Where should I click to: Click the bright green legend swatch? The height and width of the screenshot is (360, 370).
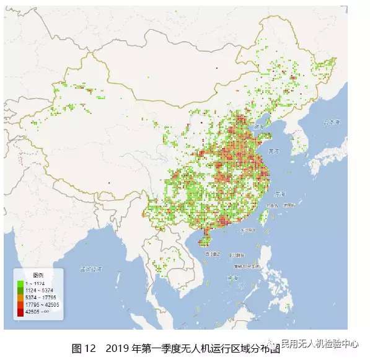pos(21,283)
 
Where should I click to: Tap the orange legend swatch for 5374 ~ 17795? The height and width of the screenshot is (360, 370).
pos(21,297)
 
